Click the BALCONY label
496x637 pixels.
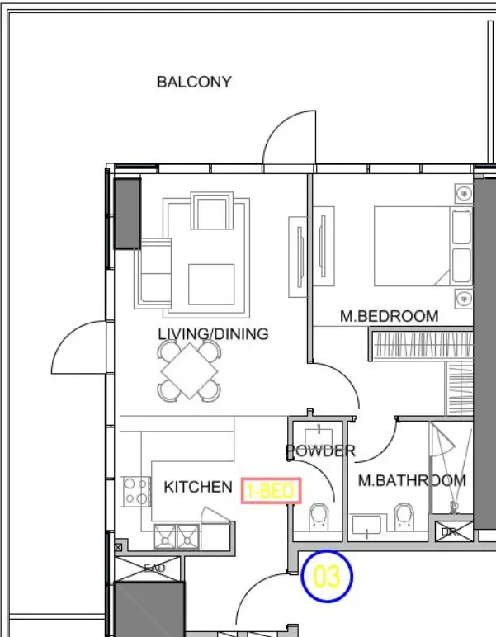click(194, 82)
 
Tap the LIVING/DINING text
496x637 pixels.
click(213, 334)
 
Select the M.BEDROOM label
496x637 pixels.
click(389, 316)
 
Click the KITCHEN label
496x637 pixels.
click(198, 487)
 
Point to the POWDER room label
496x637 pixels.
click(320, 451)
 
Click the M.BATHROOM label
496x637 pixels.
click(411, 480)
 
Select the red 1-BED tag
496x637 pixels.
click(272, 491)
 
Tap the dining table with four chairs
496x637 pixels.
click(191, 370)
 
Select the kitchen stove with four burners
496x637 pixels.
click(135, 492)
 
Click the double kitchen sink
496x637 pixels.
click(177, 536)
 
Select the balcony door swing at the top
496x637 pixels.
click(289, 140)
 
